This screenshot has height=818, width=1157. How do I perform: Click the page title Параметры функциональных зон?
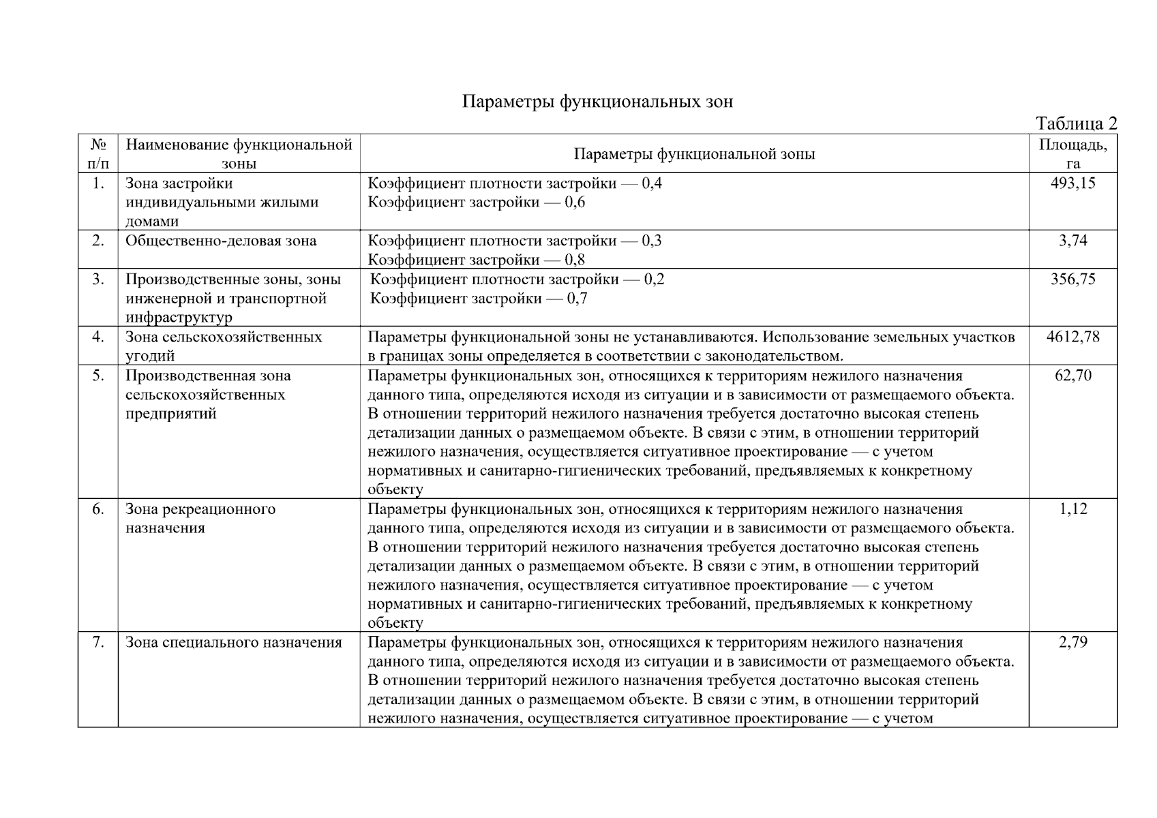click(597, 102)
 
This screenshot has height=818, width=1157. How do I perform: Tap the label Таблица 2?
click(1076, 123)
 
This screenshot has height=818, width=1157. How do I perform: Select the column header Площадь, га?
click(1072, 153)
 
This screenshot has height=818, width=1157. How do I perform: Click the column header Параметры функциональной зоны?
click(694, 154)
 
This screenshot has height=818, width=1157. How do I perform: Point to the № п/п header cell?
click(98, 153)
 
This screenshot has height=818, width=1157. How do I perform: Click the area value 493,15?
click(1072, 183)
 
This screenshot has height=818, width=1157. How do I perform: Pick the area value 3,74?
click(1072, 241)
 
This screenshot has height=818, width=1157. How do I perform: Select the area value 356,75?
click(1072, 279)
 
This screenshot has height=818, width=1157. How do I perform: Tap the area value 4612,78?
click(1072, 337)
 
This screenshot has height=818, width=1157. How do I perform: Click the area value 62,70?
click(1072, 376)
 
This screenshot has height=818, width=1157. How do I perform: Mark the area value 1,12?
click(1072, 509)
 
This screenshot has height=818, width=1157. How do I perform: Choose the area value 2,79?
click(1072, 642)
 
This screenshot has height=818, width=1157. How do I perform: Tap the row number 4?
click(98, 337)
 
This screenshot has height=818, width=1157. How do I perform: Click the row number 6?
click(98, 509)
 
